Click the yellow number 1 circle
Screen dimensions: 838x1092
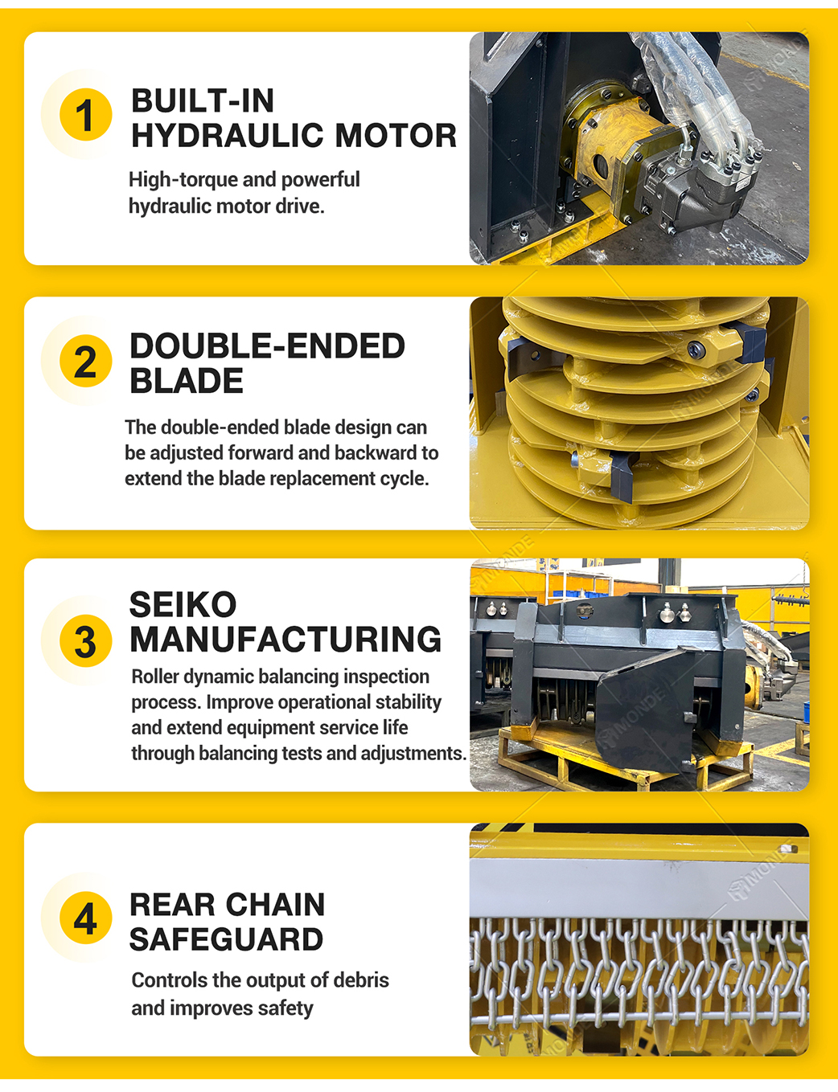(85, 115)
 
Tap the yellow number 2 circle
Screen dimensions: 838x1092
(85, 361)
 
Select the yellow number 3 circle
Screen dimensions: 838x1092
(85, 640)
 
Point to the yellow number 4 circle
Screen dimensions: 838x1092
(85, 918)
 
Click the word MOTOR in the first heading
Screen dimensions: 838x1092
(396, 135)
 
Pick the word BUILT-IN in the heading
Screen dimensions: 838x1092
(203, 100)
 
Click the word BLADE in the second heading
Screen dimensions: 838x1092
(187, 380)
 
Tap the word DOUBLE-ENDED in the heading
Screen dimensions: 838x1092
(267, 346)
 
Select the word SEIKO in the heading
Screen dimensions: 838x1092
(183, 604)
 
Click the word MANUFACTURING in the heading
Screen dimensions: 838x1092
(285, 639)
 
